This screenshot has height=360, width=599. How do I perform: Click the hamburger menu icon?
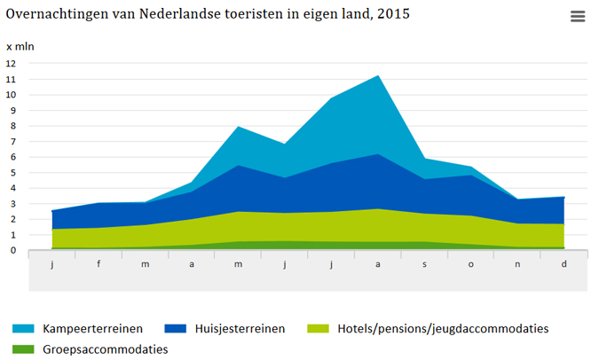(578, 17)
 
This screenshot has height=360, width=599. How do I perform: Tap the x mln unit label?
(20, 46)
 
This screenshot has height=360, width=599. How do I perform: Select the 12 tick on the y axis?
(12, 64)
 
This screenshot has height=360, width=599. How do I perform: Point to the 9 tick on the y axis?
(12, 111)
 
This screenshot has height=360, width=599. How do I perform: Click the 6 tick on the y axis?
(12, 157)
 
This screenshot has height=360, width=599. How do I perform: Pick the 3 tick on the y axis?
(12, 204)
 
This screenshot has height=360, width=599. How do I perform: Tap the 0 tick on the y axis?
(12, 251)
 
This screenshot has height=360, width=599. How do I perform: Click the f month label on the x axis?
(99, 264)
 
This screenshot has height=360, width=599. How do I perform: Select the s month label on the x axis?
(425, 264)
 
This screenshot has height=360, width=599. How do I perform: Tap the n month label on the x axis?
(518, 264)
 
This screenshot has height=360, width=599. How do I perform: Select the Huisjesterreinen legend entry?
(240, 329)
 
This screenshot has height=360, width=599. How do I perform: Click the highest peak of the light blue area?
(379, 76)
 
